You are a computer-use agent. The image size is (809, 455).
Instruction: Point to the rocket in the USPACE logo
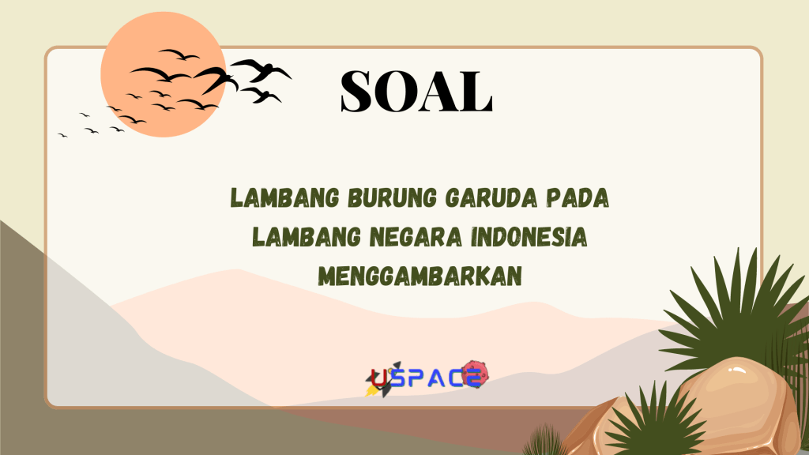(374, 385)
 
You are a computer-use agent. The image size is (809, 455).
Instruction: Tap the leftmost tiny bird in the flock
(62, 135)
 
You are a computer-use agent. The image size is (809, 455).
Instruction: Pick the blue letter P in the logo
(420, 378)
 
